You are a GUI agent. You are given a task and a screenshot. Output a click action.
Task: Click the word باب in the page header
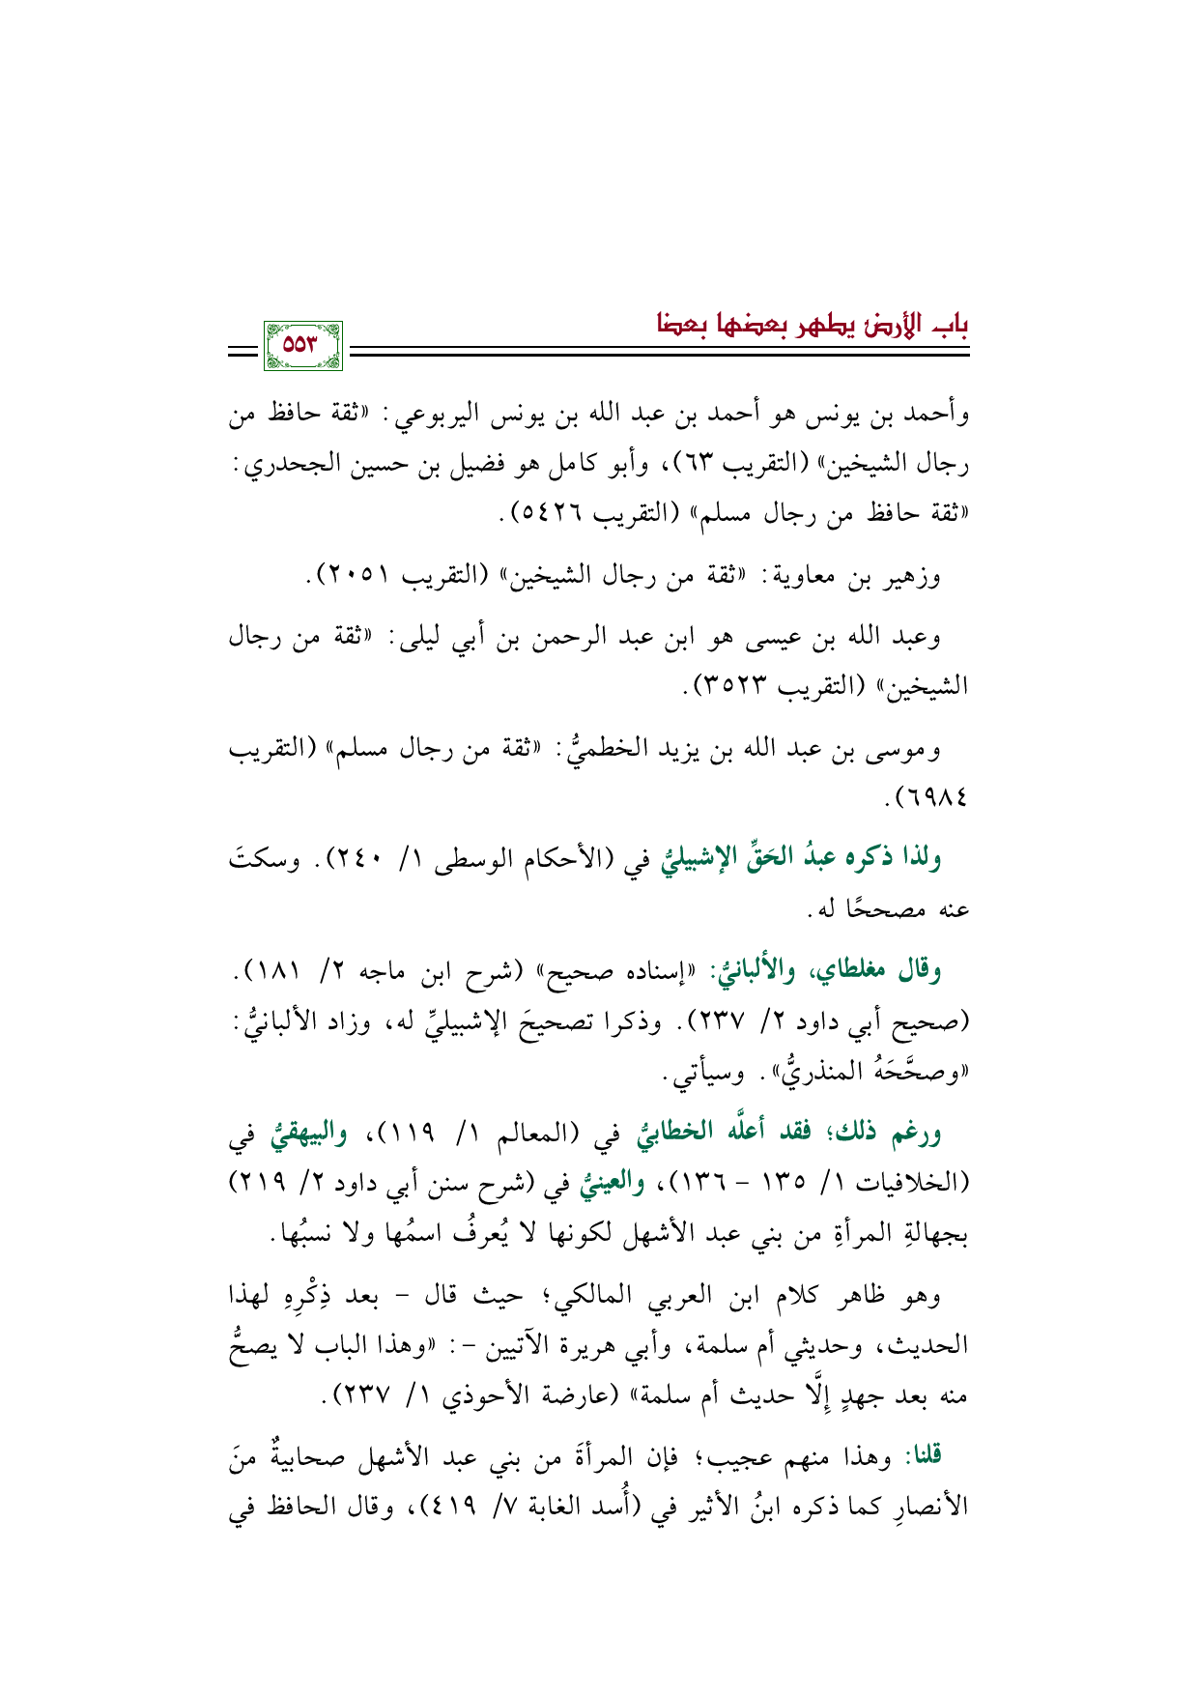click(950, 324)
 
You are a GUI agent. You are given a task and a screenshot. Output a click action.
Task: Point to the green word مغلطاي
click(853, 973)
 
